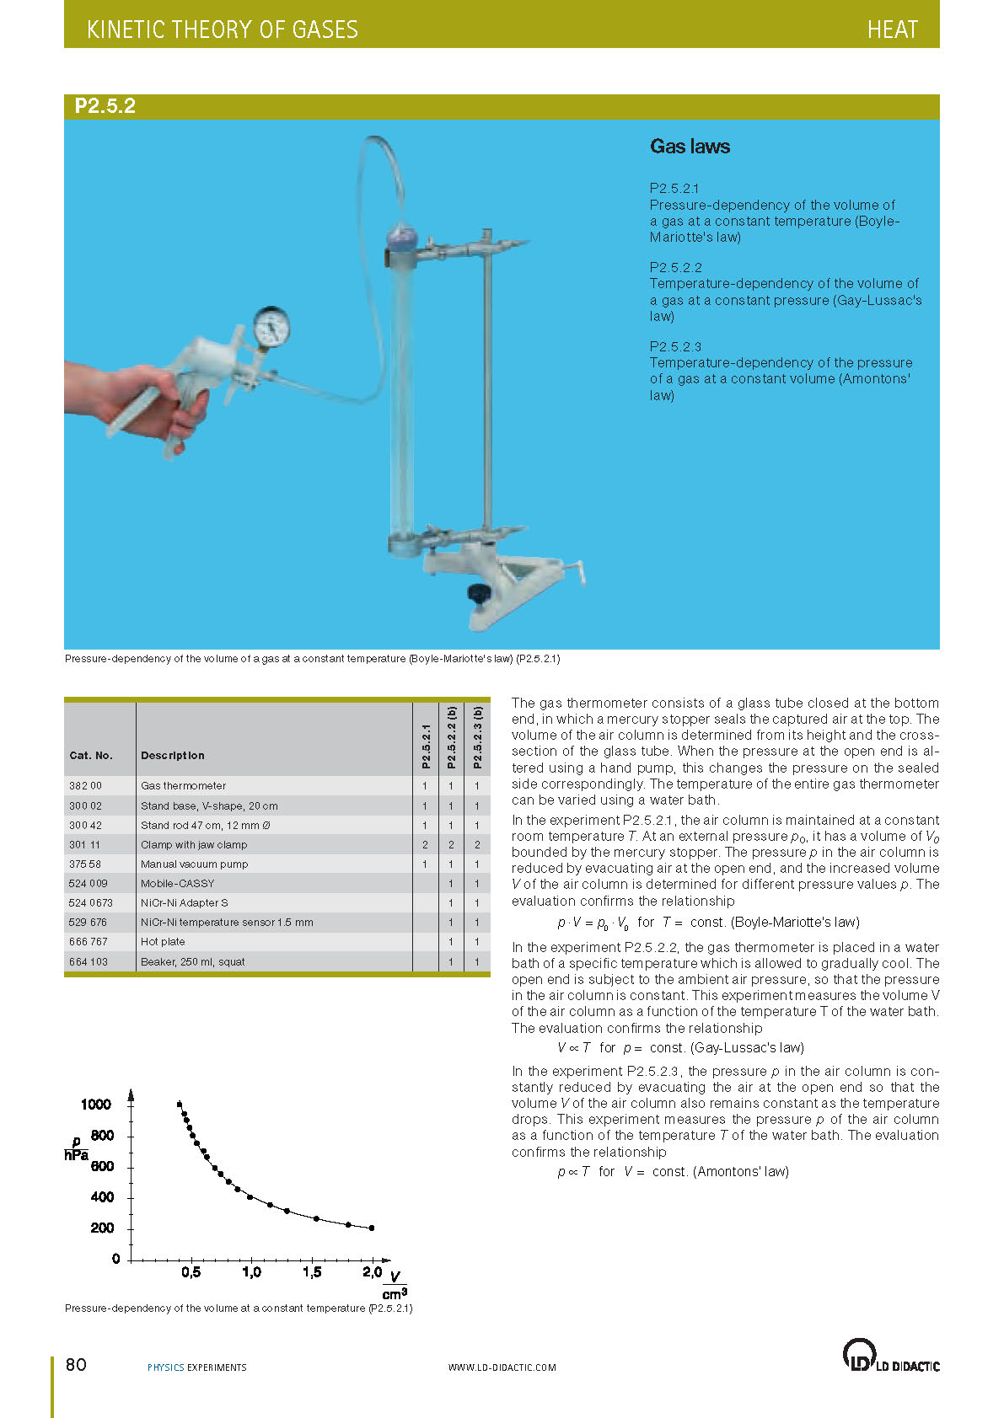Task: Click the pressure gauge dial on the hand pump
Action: (x=271, y=327)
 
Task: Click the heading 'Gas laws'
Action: (x=690, y=147)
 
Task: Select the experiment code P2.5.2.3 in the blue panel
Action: (x=675, y=346)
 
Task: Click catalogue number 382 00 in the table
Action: (x=85, y=785)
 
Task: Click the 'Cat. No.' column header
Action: (x=91, y=755)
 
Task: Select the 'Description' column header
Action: (x=173, y=755)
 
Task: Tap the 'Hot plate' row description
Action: (x=163, y=941)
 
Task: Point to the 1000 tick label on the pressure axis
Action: (x=96, y=1105)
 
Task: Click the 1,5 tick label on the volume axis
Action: (x=312, y=1272)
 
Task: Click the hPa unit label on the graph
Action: (x=77, y=1155)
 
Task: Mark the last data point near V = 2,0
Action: (x=372, y=1228)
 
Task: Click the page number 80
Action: (x=76, y=1364)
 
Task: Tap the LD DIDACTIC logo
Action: (x=890, y=1356)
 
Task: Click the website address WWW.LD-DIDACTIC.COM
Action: (x=502, y=1367)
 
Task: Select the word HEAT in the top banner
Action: (x=892, y=30)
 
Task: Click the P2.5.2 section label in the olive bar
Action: (x=105, y=106)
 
